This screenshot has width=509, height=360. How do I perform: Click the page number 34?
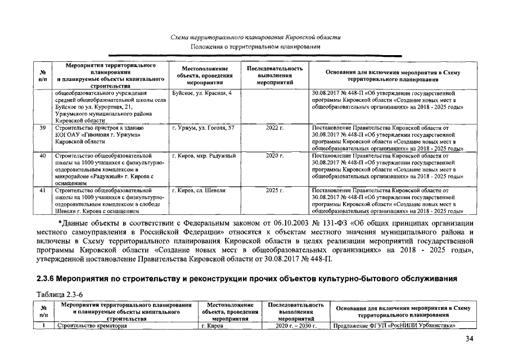click(470, 339)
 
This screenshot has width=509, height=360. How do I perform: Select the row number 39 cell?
click(42, 128)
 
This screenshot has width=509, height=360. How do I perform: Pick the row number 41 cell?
click(42, 191)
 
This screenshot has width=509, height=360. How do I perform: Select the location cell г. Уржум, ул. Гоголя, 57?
click(203, 128)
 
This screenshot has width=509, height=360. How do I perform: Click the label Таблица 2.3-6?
click(60, 294)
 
